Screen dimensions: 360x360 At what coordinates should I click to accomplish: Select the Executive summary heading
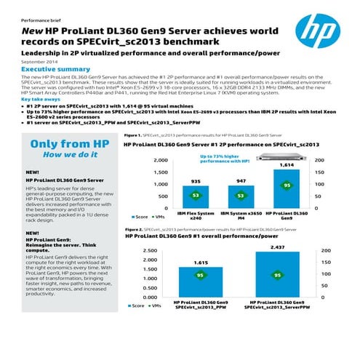(x=49, y=69)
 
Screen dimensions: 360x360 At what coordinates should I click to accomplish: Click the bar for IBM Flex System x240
(x=196, y=197)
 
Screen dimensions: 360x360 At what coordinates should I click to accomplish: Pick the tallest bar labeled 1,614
(x=287, y=189)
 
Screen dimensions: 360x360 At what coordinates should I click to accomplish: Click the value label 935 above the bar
(x=196, y=180)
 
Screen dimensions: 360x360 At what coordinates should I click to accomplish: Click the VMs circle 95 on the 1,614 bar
(x=287, y=185)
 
